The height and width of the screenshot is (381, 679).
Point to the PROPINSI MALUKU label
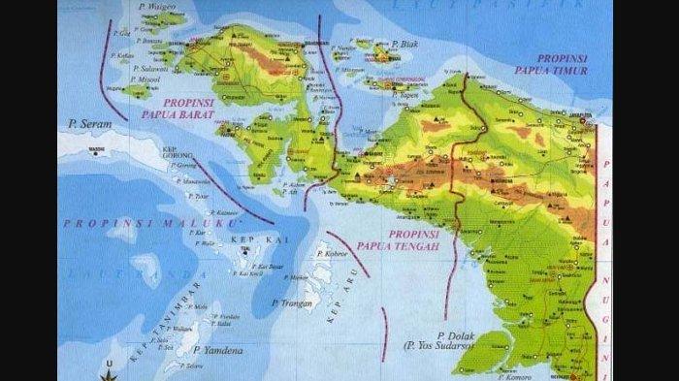[x=150, y=223]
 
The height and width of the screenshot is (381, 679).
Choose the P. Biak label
[x=404, y=44]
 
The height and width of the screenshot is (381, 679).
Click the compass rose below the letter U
[x=109, y=376]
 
